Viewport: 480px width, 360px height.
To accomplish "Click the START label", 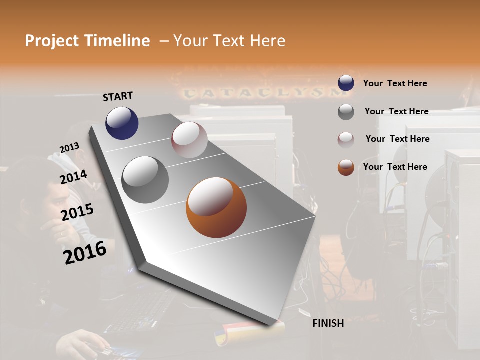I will click(118, 96).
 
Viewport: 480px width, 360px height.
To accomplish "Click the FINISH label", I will click(328, 323).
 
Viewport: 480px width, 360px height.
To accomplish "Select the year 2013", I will click(69, 148).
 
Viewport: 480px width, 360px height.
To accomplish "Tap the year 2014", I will click(73, 177).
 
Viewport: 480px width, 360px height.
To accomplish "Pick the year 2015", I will click(77, 213).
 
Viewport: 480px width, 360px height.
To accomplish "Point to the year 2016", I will click(85, 253).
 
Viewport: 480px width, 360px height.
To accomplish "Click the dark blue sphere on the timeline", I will click(122, 123).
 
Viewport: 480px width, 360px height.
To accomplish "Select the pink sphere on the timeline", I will click(189, 140).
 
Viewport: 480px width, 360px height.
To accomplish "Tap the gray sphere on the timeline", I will click(145, 179).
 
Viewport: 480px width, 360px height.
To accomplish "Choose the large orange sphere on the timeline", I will click(216, 207).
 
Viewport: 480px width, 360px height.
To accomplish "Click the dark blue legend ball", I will click(346, 83).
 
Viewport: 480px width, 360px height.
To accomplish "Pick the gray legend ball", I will click(346, 111).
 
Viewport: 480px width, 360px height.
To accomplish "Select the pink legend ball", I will click(346, 139).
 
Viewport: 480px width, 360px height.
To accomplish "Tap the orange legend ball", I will click(346, 167).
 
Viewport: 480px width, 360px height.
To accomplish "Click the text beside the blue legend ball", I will click(395, 83).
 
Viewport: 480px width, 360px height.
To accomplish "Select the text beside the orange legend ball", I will click(395, 167).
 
